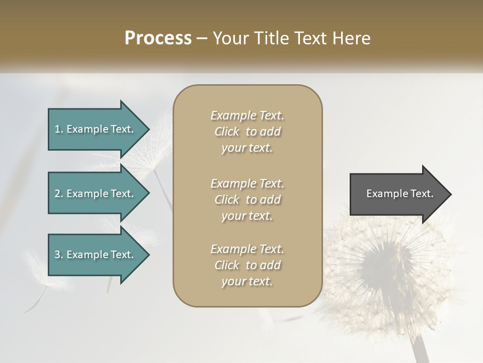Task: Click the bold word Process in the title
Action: [x=158, y=38]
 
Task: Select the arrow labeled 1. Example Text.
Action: [x=96, y=129]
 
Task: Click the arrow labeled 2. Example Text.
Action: [x=96, y=194]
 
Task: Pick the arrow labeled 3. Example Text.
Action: [x=96, y=255]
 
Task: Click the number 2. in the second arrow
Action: [x=59, y=194]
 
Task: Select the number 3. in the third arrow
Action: [x=59, y=255]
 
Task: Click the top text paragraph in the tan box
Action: [x=247, y=132]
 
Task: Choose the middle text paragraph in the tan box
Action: [x=247, y=200]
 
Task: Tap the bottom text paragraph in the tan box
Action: [x=247, y=265]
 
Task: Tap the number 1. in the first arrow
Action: [x=59, y=129]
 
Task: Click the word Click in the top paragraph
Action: [x=227, y=132]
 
